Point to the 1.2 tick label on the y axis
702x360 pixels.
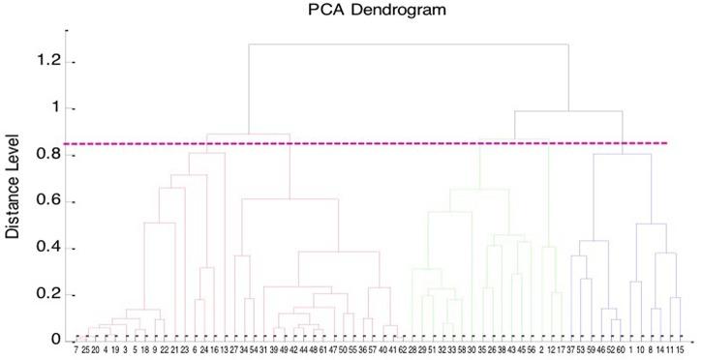pos(50,61)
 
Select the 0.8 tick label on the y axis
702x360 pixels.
pos(50,154)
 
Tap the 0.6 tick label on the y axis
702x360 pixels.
pos(50,201)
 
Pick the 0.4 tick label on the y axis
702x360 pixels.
pos(50,248)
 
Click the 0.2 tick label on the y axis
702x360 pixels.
pos(50,294)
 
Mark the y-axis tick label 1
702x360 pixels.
pos(57,107)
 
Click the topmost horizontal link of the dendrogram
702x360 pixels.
pos(407,45)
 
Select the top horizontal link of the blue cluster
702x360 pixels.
pos(622,154)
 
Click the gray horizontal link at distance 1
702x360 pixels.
pos(567,111)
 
